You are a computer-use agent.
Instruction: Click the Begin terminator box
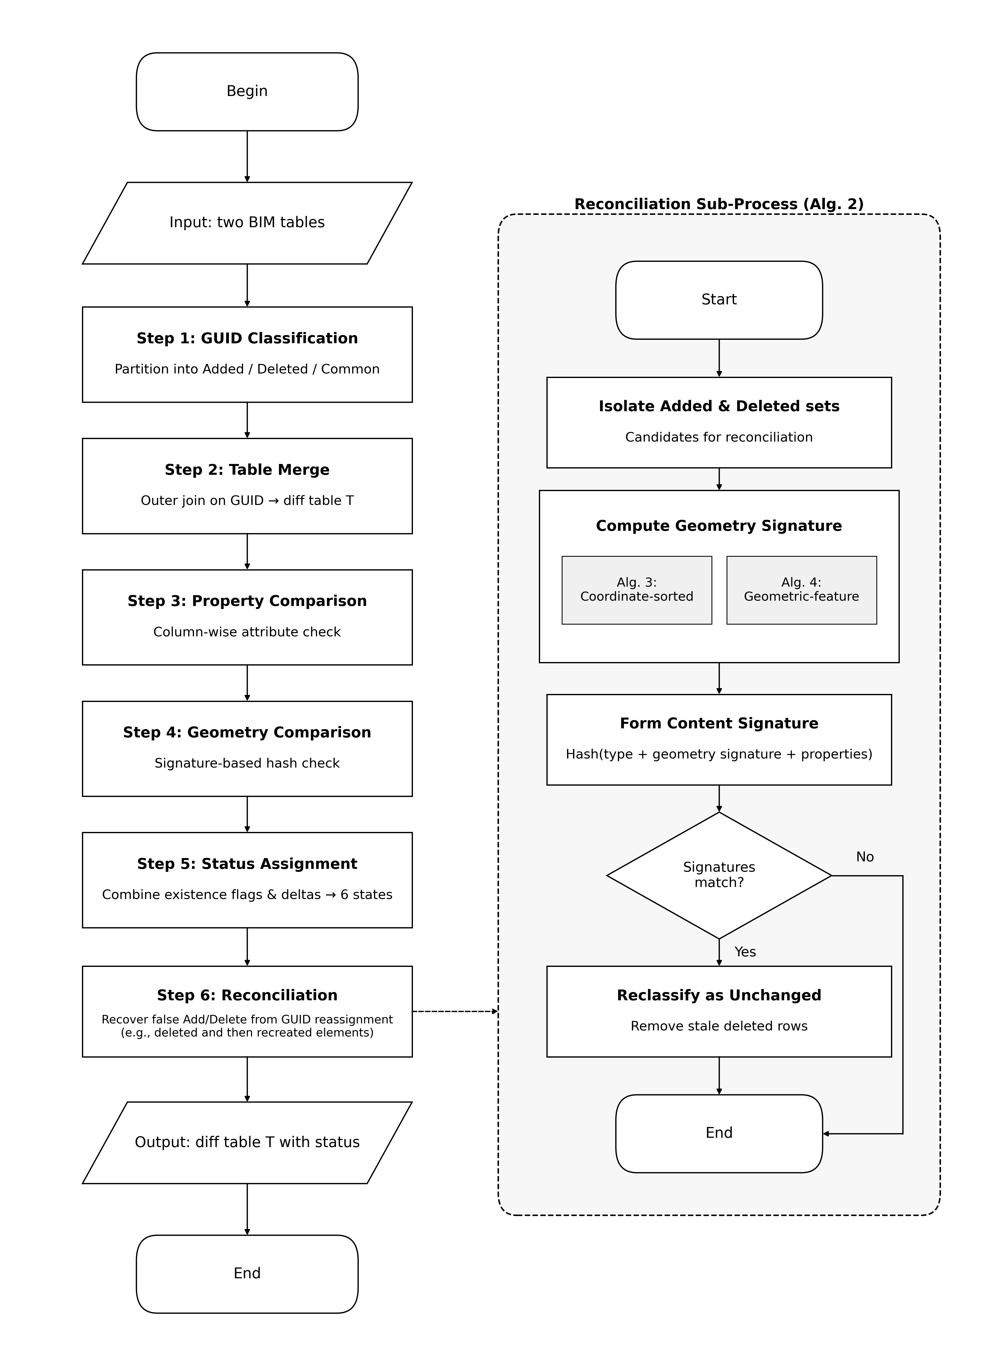coord(247,91)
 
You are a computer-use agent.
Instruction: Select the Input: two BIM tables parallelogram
coord(247,223)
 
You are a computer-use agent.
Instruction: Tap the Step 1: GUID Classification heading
coord(247,339)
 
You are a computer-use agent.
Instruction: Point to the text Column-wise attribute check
coord(247,632)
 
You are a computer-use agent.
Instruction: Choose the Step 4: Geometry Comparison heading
coord(247,732)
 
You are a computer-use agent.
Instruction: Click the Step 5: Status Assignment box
coord(247,880)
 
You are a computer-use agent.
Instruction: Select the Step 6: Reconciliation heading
coord(247,995)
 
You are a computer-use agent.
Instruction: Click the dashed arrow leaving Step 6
coord(455,1011)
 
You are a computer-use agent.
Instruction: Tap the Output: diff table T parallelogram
coord(247,1143)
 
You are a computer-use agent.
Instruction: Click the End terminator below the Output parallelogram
coord(247,1274)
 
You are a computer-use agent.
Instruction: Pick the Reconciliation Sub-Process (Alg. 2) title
coord(719,204)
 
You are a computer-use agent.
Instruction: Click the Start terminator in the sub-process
coord(719,300)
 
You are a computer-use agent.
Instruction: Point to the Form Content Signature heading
coord(719,723)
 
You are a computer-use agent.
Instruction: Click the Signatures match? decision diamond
coord(719,875)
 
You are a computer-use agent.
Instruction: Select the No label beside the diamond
coord(864,857)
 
